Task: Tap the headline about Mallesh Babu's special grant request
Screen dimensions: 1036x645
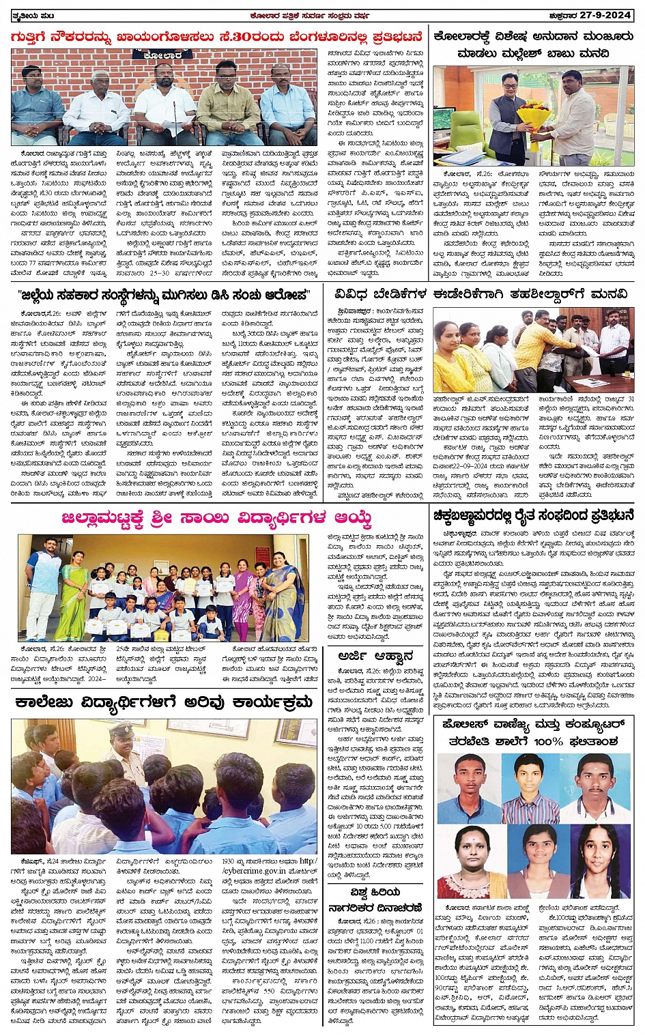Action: (532, 45)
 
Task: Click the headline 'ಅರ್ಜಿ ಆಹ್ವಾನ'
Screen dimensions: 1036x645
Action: (375, 657)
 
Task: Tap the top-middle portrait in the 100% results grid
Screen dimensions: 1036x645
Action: (532, 783)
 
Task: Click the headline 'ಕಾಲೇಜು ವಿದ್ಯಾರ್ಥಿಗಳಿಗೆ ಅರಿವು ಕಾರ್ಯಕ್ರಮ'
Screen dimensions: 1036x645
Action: (163, 703)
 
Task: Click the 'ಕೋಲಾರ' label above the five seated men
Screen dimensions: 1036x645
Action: (164, 55)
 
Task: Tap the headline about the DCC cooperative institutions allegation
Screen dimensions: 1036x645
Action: (164, 296)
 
